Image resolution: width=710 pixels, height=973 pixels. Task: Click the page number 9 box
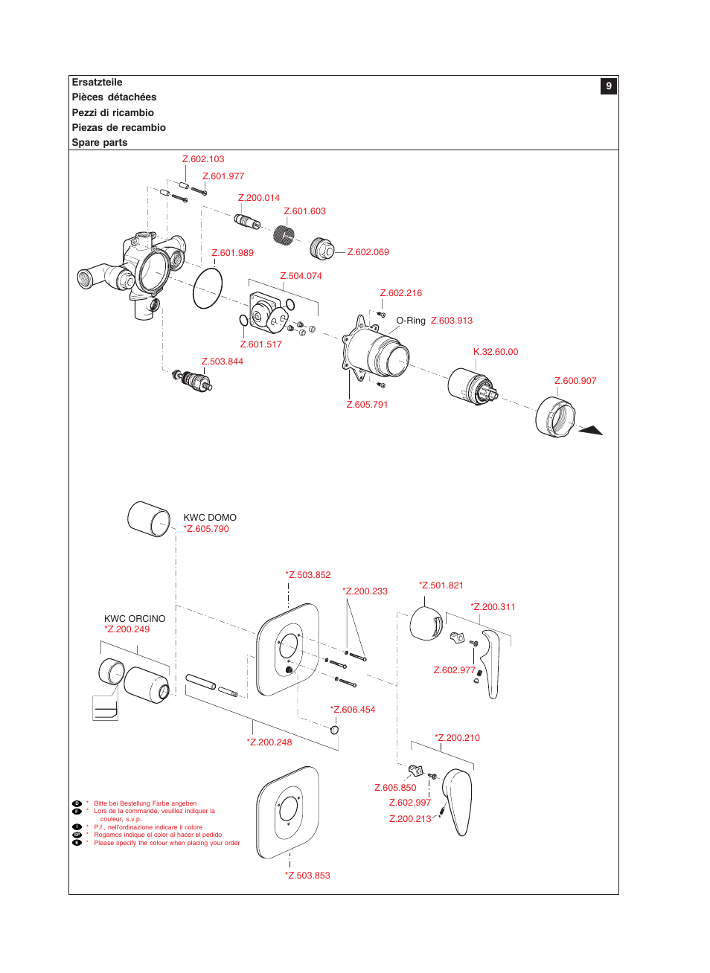[608, 86]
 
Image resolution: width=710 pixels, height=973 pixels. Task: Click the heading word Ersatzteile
[97, 83]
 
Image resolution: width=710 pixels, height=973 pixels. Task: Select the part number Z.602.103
[203, 159]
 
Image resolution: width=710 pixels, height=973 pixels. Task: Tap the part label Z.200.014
[259, 198]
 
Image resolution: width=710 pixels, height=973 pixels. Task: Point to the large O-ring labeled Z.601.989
[208, 289]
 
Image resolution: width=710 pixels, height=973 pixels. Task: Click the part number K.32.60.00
[496, 352]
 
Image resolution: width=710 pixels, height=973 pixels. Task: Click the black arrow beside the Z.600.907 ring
[591, 430]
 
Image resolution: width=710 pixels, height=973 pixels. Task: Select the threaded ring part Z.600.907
[555, 417]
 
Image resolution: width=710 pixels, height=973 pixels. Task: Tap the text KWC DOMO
[210, 518]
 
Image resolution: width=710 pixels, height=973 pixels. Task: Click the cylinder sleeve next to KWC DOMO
[150, 518]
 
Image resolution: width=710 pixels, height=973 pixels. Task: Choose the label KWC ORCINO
[135, 619]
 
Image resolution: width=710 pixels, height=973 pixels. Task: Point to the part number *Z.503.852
[308, 575]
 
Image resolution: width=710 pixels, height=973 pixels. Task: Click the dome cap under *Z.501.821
[426, 623]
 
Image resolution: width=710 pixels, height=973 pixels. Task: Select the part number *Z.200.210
[457, 738]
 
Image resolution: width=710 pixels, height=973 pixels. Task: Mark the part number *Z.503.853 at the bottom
[307, 876]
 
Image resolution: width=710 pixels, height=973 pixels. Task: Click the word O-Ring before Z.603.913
[411, 321]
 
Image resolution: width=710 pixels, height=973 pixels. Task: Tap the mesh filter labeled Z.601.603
[284, 234]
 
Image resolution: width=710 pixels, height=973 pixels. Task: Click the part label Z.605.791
[367, 405]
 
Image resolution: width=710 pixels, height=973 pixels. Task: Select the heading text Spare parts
[100, 143]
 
